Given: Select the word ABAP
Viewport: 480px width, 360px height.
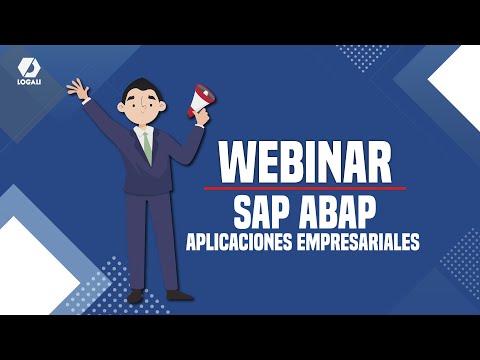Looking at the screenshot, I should tap(334, 211).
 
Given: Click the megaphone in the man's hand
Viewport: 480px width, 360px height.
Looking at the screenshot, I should tap(202, 99).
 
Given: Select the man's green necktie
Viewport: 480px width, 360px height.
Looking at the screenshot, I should tap(147, 145).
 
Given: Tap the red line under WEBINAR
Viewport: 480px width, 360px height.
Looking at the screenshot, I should tap(305, 187).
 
